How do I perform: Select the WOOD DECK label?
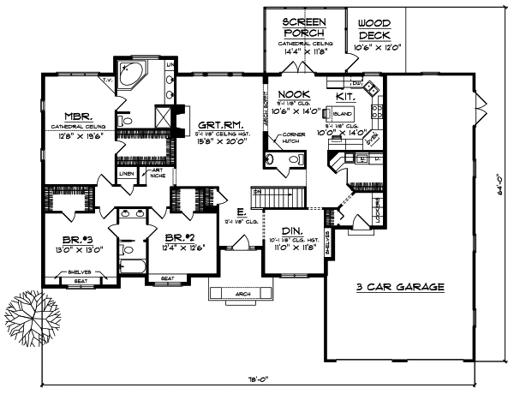pyautogui.click(x=374, y=29)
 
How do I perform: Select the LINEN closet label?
pyautogui.click(x=126, y=173)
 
